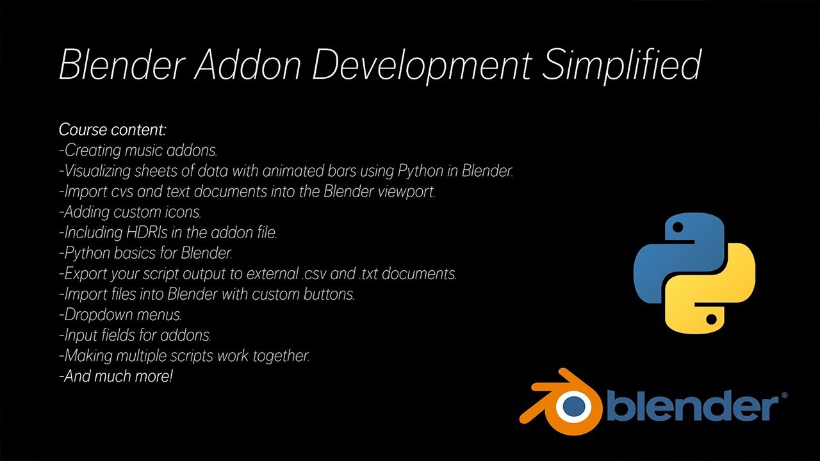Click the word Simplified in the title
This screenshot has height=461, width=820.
[621, 65]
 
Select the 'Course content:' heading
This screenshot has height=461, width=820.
[113, 130]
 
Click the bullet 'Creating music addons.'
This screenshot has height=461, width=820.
[137, 151]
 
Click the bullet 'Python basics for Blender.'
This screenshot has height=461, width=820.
[145, 254]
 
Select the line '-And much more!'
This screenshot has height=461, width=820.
[116, 376]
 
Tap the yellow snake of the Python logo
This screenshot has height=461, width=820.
[721, 295]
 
